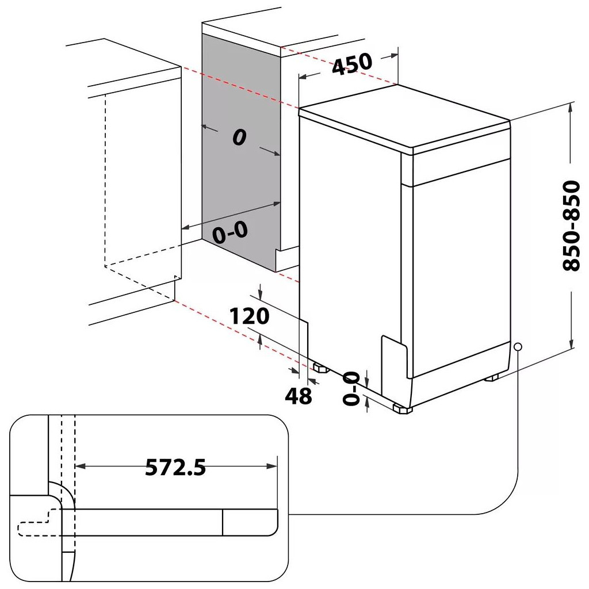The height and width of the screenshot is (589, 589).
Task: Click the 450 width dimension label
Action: point(352,63)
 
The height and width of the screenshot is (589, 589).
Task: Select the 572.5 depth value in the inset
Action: point(175,467)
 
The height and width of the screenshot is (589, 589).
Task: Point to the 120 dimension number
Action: point(248,316)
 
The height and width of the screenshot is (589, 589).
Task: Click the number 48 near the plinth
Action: point(298,396)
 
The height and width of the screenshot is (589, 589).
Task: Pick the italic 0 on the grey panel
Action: point(239,137)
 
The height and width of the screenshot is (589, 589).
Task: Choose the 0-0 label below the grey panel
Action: point(230,233)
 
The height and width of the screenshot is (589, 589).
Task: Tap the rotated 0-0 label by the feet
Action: point(351,389)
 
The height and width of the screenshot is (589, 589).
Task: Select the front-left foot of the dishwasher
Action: point(402,408)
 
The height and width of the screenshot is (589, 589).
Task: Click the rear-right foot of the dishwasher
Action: point(492,378)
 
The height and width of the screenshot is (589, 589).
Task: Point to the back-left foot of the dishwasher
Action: point(318,366)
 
